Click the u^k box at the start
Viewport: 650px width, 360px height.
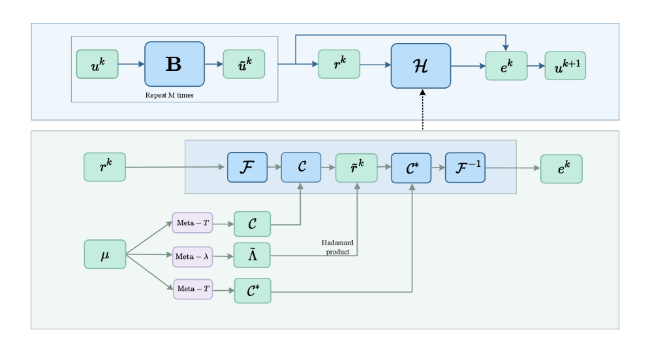97,64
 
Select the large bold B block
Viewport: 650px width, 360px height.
174,64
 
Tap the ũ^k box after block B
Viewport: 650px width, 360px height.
243,64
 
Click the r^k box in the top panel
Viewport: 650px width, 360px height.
339,64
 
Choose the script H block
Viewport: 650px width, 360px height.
420,66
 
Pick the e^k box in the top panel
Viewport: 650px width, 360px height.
506,66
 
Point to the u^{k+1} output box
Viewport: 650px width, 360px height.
565,66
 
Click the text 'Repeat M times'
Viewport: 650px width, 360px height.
169,95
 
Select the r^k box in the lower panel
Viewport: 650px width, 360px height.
104,167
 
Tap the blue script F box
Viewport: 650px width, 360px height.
247,167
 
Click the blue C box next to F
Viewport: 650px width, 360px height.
301,167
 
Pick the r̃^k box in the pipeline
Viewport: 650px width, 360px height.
356,168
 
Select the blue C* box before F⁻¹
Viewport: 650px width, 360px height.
411,167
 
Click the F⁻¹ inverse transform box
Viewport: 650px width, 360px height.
465,167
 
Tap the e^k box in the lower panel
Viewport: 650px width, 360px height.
561,168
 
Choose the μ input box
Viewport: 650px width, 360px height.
104,254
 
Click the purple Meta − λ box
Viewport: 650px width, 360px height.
193,256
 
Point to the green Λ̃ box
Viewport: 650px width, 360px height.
252,255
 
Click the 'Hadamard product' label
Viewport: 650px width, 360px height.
337,247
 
